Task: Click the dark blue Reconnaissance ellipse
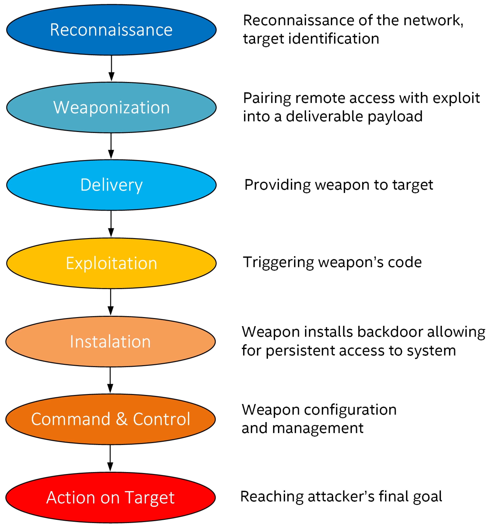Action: click(111, 30)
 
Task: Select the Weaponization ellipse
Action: click(111, 107)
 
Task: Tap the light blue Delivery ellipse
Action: click(111, 185)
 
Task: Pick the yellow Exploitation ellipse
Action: click(111, 263)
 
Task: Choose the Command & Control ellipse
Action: click(110, 419)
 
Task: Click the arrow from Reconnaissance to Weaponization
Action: click(111, 68)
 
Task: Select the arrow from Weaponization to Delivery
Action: click(111, 146)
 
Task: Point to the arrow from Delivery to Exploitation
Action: click(111, 224)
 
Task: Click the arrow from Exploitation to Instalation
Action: click(111, 302)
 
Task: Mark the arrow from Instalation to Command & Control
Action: click(110, 380)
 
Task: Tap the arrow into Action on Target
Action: click(110, 458)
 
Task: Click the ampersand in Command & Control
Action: click(121, 419)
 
